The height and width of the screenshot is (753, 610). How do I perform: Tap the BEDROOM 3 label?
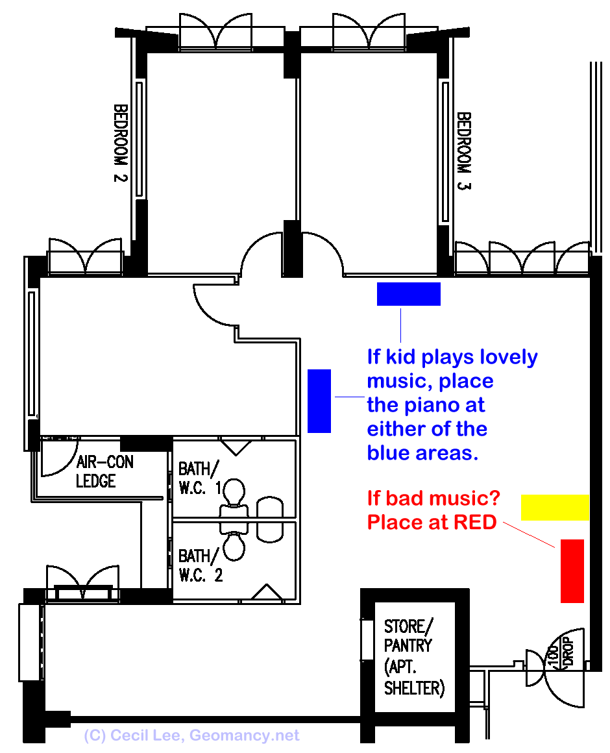(464, 151)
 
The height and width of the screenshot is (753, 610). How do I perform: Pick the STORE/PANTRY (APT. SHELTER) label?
(414, 657)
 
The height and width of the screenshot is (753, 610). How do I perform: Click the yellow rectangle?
(555, 507)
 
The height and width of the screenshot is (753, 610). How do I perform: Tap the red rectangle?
(572, 571)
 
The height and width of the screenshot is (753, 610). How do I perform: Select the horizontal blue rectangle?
(409, 294)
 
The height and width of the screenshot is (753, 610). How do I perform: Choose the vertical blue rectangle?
(319, 401)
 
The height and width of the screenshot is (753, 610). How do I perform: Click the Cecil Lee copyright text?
(192, 735)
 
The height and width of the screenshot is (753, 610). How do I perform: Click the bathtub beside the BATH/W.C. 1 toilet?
(270, 519)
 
